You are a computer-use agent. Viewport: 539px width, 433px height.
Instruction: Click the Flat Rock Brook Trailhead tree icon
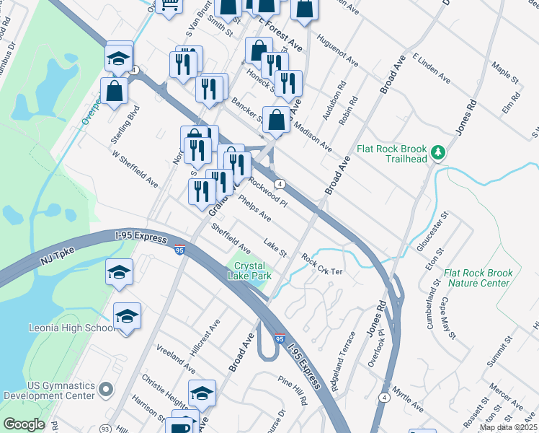pos(437,152)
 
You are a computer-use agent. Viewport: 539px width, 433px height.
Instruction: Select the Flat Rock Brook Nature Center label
pos(478,278)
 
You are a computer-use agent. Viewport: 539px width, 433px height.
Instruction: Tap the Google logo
pos(24,424)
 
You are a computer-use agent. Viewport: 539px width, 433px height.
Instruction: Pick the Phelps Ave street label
pos(254,211)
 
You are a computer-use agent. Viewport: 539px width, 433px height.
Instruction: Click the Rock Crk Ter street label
pos(324,261)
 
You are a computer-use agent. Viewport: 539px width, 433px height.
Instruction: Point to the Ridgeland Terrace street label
pos(344,362)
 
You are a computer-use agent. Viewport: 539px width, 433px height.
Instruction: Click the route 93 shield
pos(104,427)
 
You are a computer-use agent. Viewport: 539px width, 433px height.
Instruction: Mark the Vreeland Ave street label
pos(176,359)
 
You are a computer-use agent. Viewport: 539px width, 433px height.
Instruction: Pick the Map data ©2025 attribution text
pos(509,427)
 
